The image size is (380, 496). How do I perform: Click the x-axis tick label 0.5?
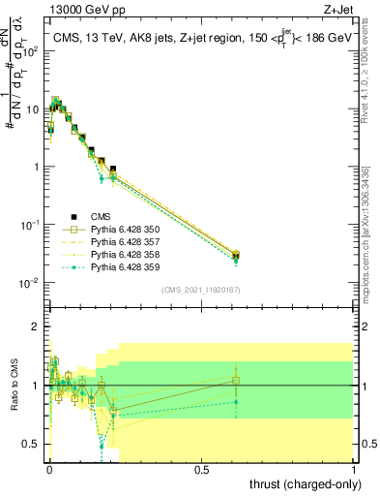coord(201,469)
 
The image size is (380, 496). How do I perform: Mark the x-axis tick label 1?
coord(354,469)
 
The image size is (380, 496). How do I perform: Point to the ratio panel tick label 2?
coord(35,326)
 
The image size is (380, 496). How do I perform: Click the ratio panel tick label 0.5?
coord(30,445)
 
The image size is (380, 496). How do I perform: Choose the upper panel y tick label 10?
coord(32,108)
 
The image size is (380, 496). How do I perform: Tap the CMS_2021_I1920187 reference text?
coord(200,290)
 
